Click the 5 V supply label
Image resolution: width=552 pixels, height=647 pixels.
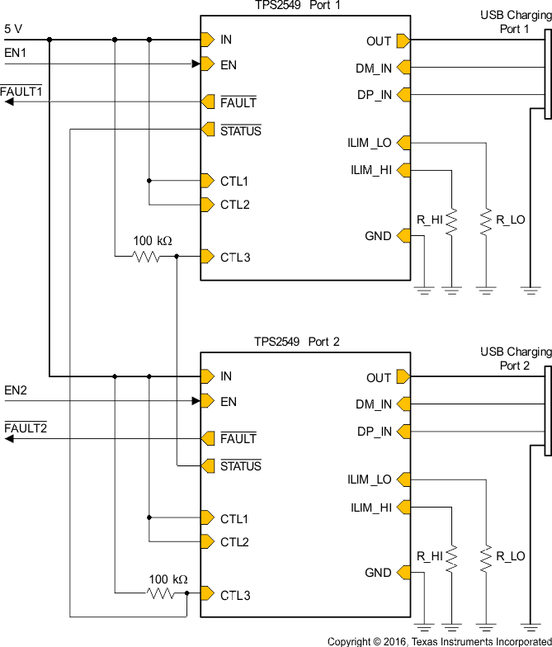[x=13, y=28]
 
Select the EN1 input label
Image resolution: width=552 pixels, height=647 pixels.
[x=16, y=53]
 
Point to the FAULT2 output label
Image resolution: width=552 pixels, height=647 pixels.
[x=26, y=428]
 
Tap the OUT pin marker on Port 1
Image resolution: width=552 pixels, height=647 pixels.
[x=403, y=40]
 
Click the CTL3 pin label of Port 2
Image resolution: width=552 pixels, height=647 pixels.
[x=234, y=595]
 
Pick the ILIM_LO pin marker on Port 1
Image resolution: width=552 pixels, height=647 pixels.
[x=403, y=143]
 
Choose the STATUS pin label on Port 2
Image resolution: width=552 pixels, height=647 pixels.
[x=240, y=466]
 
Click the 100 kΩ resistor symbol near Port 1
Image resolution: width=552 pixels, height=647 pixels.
[x=147, y=257]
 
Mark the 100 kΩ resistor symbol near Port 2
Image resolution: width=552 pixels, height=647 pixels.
[x=162, y=593]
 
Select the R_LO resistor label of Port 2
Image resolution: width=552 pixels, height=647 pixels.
[x=510, y=557]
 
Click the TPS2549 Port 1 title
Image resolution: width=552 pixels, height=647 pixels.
[x=297, y=6]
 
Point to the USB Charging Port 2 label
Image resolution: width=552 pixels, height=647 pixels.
[x=515, y=359]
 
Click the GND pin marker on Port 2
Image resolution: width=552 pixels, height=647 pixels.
[x=403, y=573]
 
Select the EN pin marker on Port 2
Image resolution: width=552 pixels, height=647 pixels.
[x=206, y=402]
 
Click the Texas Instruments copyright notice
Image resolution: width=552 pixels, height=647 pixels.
[x=438, y=641]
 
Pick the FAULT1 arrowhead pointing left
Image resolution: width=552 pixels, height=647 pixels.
[x=8, y=102]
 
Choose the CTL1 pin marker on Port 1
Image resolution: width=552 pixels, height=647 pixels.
[x=206, y=181]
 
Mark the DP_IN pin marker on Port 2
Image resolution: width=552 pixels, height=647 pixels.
[x=403, y=432]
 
